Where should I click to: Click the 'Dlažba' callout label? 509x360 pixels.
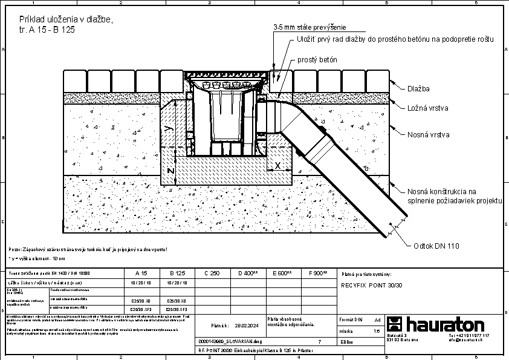[x=418, y=89]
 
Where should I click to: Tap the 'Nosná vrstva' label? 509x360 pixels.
[x=429, y=135]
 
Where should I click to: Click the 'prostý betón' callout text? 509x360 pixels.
[x=317, y=61]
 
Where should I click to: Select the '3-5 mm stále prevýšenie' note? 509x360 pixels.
[x=308, y=27]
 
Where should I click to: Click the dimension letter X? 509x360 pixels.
[x=277, y=165]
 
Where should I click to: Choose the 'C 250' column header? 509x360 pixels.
[x=212, y=273]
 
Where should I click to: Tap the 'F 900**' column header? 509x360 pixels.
[x=317, y=273]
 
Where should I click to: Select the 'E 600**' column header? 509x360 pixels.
[x=282, y=273]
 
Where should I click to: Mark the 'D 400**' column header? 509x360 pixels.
[x=248, y=273]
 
